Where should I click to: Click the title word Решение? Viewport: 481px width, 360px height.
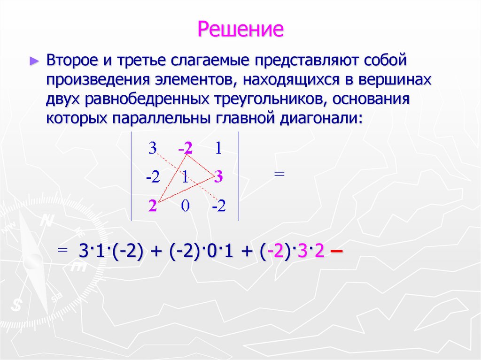(240, 29)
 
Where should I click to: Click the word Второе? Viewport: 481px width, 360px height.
(72, 61)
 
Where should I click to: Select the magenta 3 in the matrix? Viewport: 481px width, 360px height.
(218, 177)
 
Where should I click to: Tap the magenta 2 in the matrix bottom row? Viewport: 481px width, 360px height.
(152, 206)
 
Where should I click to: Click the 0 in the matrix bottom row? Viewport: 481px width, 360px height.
(186, 206)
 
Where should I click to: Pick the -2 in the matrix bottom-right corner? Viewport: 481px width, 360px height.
(218, 206)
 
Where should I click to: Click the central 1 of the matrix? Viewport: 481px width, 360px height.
(186, 177)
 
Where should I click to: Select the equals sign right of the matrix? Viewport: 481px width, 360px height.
(279, 174)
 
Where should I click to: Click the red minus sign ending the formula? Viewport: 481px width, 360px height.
(336, 252)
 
